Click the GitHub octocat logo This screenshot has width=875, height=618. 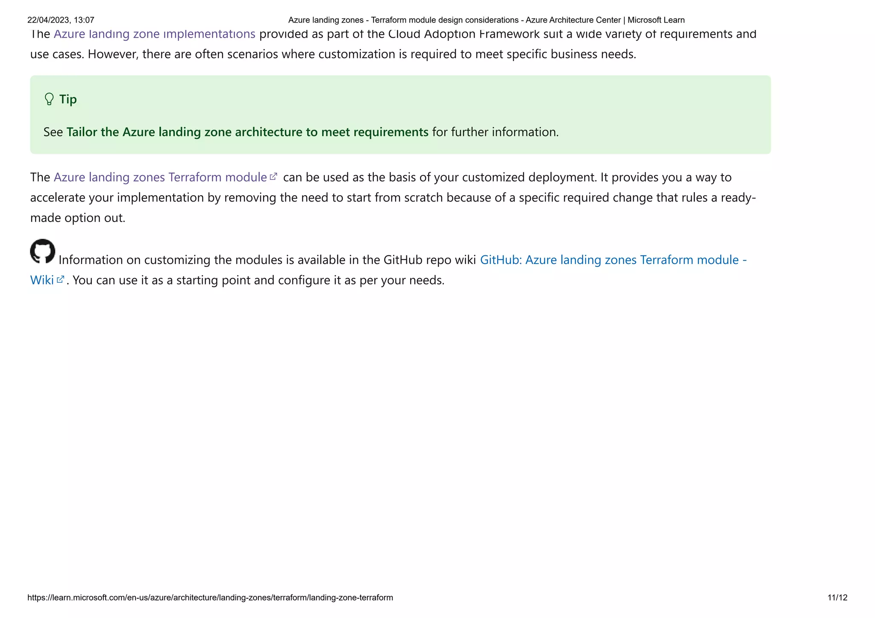point(43,251)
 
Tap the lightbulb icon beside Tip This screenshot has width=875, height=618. point(49,99)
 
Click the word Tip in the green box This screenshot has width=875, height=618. point(68,99)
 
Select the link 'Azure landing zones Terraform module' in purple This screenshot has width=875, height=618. point(160,177)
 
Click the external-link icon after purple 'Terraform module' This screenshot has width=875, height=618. point(274,176)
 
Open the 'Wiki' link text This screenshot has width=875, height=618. point(42,280)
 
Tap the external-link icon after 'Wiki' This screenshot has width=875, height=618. point(61,279)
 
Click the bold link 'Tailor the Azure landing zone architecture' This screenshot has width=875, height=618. point(247,132)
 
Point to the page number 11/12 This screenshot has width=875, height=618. point(837,597)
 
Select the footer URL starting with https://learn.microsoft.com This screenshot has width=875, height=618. point(210,597)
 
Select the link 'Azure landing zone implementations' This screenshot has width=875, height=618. point(154,34)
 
